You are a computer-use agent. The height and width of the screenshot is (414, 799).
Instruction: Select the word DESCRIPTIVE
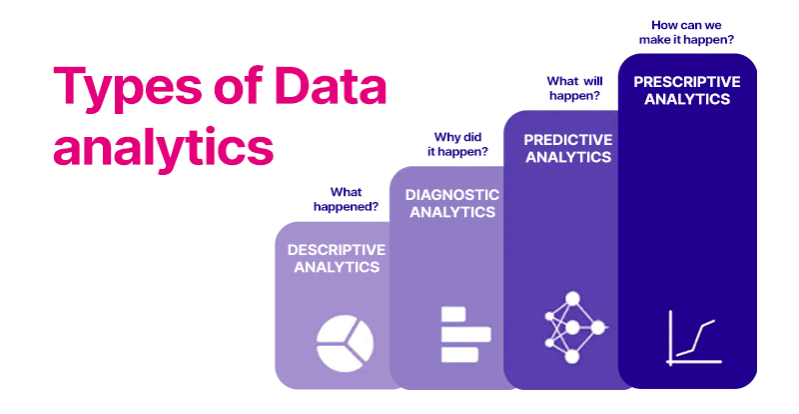point(336,249)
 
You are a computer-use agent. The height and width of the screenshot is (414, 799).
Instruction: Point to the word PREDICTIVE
point(567,139)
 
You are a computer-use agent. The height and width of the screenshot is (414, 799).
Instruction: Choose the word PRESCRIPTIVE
point(687,81)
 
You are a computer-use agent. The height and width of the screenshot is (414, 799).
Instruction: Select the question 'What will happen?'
point(571,87)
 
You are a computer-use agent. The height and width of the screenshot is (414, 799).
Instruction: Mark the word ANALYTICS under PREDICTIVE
point(567,156)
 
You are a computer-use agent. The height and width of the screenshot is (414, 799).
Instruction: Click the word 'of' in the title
point(233,88)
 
